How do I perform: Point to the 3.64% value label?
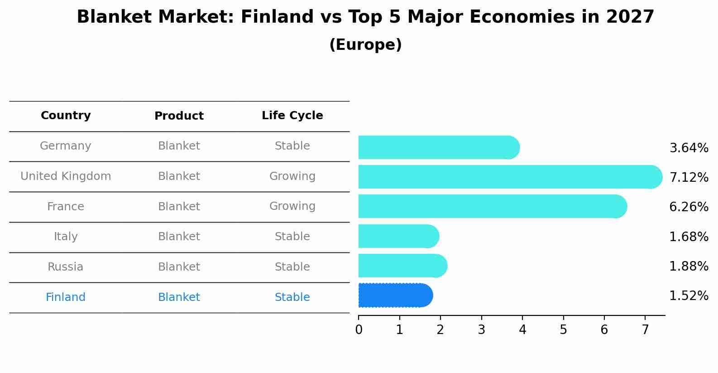[x=689, y=148]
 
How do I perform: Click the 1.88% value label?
[x=689, y=266]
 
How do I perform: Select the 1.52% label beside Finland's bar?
[x=689, y=296]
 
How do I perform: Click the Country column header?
[x=66, y=116]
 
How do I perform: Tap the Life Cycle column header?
[x=292, y=116]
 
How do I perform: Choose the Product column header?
[x=179, y=116]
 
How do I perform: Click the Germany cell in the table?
[x=66, y=146]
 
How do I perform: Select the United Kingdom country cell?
[x=66, y=176]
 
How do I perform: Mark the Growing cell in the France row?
[x=292, y=206]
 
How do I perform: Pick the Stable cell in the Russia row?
[x=292, y=267]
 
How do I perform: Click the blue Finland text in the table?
[x=66, y=297]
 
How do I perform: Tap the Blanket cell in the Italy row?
[x=179, y=237]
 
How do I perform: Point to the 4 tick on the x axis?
[x=522, y=329]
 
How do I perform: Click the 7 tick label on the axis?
[x=645, y=329]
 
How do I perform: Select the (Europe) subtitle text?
[x=365, y=45]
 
